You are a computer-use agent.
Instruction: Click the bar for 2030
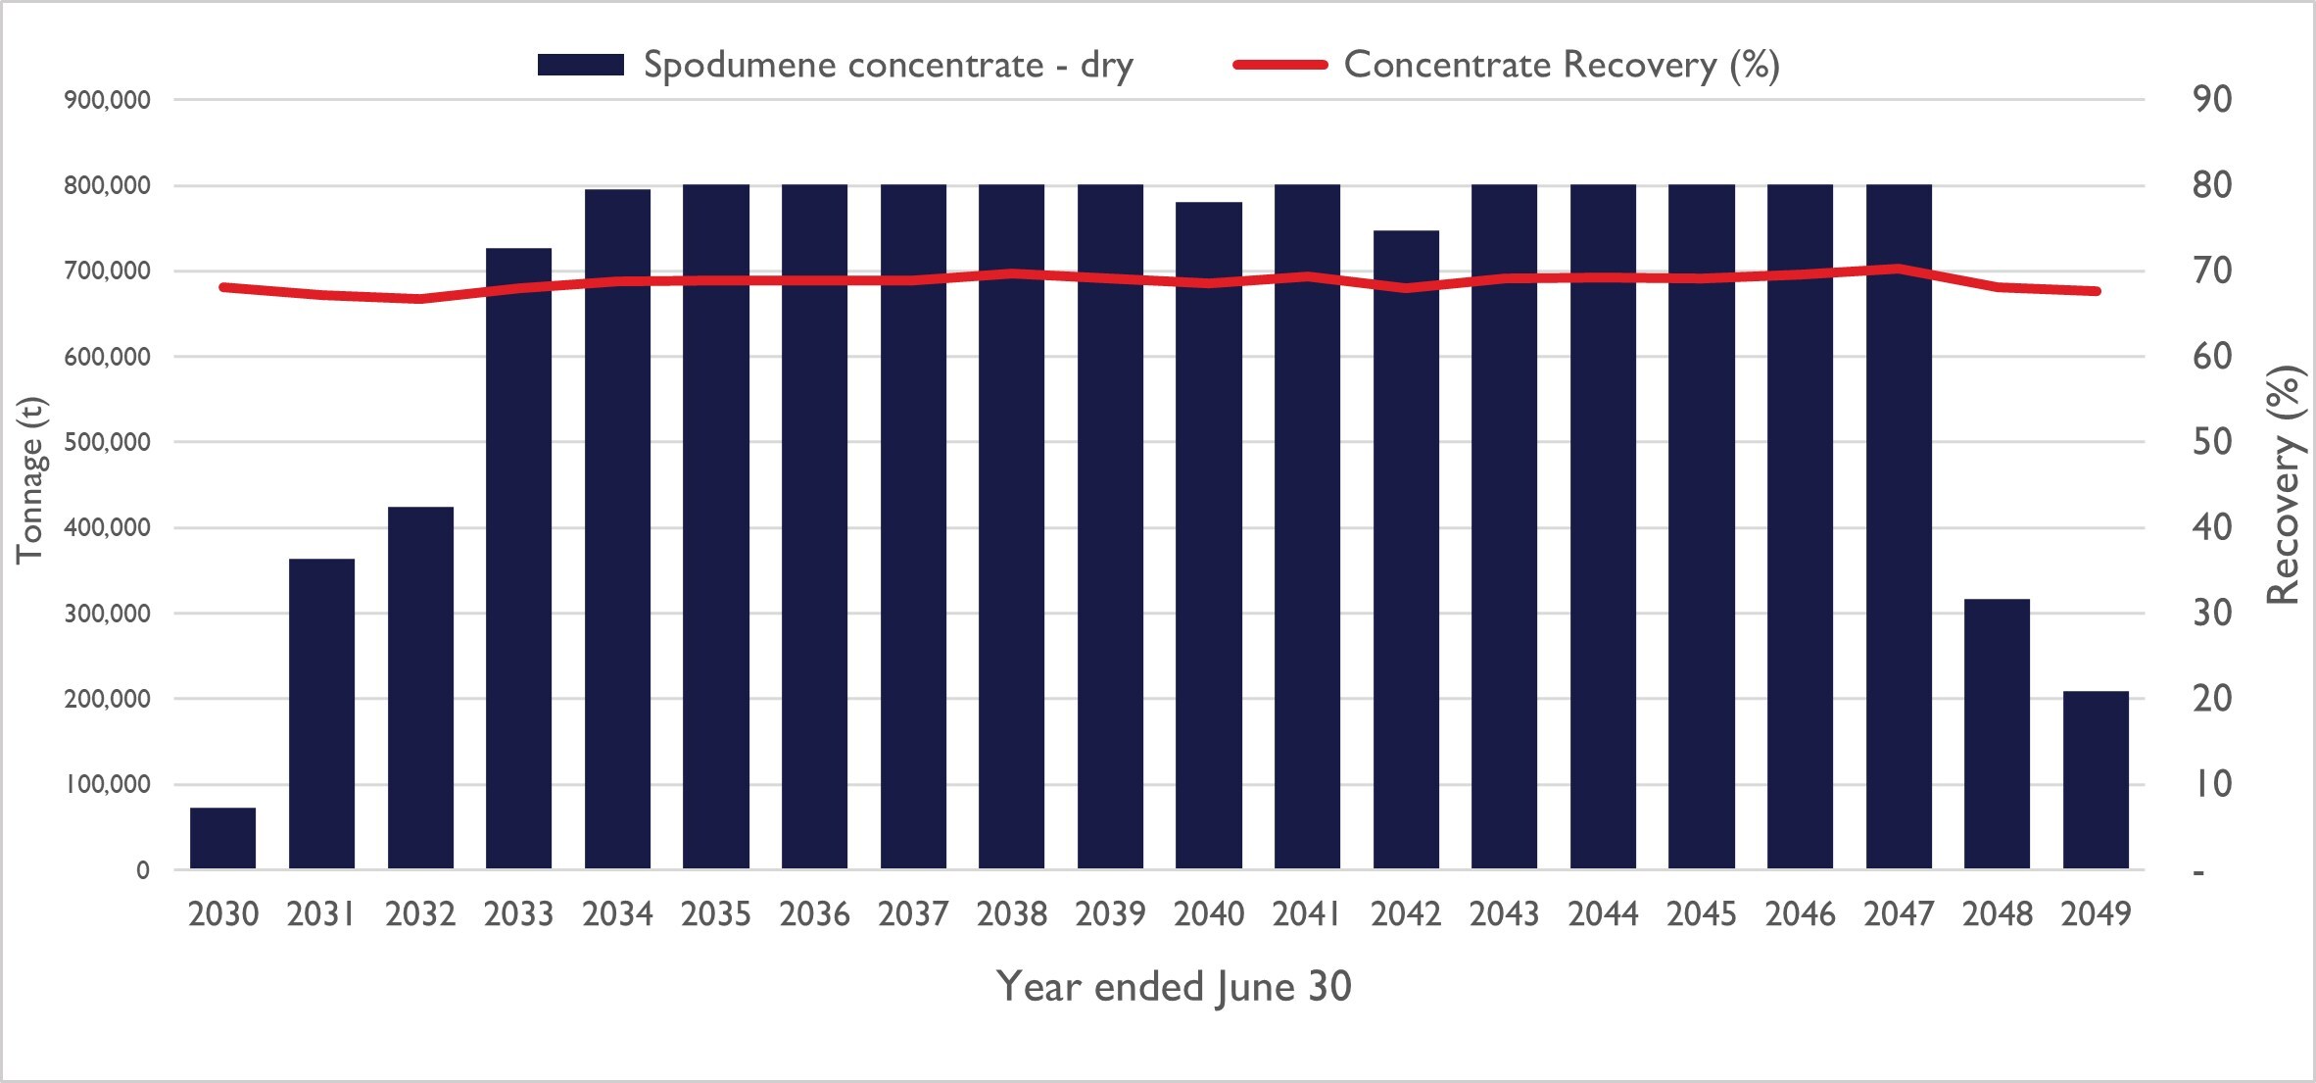222,839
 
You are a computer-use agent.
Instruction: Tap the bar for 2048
1997,734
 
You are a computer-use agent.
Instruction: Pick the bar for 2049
2096,780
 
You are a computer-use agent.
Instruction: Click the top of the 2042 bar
1406,232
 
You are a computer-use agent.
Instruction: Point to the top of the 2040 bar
1209,204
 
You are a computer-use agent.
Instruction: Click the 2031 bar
321,714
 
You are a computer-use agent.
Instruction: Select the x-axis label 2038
1011,914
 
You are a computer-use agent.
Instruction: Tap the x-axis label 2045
1701,914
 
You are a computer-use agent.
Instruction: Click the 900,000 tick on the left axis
108,100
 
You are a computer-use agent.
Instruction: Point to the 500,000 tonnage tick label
108,442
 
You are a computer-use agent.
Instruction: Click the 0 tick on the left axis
143,870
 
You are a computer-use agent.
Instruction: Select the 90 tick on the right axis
2212,100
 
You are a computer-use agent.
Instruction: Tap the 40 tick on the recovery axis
2212,527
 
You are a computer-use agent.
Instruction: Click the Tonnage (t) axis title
29,480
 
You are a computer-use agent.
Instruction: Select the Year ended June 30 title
1174,987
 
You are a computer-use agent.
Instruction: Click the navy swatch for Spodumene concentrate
580,66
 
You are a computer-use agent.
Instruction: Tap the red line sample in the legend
1279,66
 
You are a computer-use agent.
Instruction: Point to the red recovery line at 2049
2096,291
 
